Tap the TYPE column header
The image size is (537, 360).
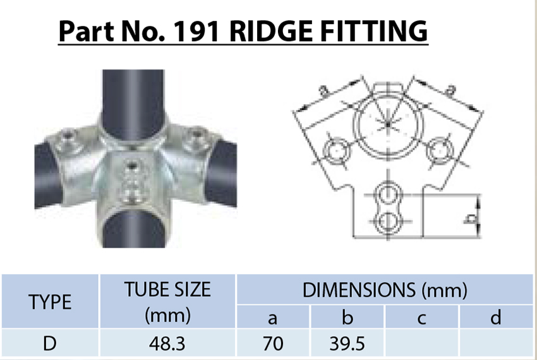click(x=50, y=302)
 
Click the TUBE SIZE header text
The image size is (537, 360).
click(x=167, y=289)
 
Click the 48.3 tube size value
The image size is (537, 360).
click(x=167, y=344)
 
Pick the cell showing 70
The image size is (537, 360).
click(x=272, y=344)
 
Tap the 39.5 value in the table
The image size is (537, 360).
click(x=347, y=344)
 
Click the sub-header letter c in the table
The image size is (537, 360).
click(x=421, y=317)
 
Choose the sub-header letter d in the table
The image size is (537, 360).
click(x=496, y=317)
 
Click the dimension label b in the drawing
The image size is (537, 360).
click(x=469, y=219)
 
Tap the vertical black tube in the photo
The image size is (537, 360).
click(x=132, y=95)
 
